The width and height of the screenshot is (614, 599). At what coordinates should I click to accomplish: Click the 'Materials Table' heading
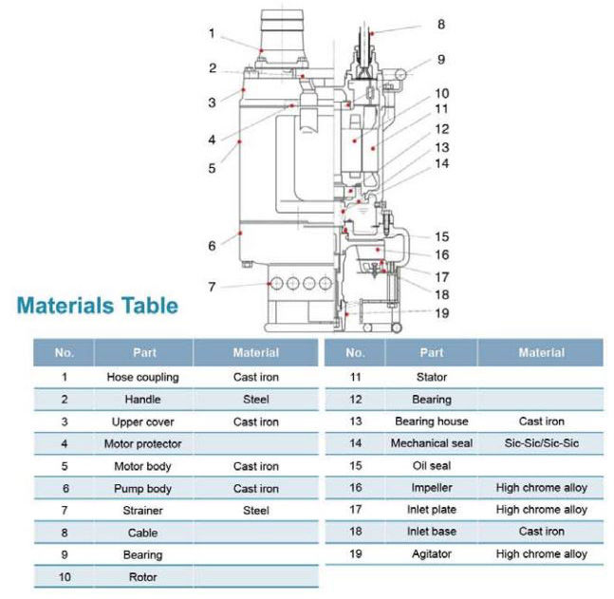[x=96, y=306]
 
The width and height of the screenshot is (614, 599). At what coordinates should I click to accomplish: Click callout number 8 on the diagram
[x=439, y=25]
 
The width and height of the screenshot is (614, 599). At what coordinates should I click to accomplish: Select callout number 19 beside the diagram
[x=441, y=312]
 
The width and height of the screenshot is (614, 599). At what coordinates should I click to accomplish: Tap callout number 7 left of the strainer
[x=213, y=286]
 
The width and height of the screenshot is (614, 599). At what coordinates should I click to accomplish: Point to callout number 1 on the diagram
[x=213, y=33]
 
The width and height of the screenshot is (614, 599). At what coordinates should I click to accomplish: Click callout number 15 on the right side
[x=441, y=236]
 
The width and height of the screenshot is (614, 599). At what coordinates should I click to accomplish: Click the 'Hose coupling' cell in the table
[x=142, y=377]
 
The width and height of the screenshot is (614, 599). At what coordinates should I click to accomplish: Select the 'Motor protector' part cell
[x=142, y=443]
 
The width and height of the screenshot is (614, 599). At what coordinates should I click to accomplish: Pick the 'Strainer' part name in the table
[x=142, y=510]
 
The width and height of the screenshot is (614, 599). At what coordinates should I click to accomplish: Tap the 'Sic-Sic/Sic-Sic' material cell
[x=541, y=442]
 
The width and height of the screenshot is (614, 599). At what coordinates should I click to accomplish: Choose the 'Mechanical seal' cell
[x=431, y=442]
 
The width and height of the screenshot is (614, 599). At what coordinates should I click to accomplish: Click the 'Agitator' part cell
[x=431, y=553]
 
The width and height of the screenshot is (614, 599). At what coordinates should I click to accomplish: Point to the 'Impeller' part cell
[x=431, y=487]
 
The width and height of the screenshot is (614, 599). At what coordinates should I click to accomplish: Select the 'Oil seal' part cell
[x=431, y=465]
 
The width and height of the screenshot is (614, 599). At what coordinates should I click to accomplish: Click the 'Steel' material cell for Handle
[x=256, y=400]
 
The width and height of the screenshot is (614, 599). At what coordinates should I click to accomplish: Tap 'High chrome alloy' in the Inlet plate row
[x=541, y=510]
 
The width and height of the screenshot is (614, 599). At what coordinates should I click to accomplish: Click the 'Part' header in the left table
[x=144, y=352]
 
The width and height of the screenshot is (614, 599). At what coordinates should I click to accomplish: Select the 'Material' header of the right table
[x=541, y=352]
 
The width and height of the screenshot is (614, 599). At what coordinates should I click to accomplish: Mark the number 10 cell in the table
[x=64, y=576]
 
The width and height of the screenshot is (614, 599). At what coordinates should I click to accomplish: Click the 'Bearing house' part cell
[x=431, y=421]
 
